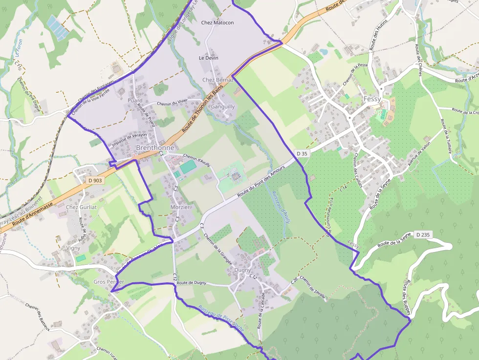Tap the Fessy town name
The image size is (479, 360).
coord(372,99)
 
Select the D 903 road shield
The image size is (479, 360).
coord(95,180)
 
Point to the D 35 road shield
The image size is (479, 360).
coord(302,153)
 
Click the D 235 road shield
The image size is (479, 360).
coord(423,235)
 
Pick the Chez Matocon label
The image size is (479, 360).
coord(218,23)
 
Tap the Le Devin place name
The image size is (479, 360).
coord(208,58)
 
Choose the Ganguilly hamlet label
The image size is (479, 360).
coord(222,106)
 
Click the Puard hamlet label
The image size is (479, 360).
coord(135,101)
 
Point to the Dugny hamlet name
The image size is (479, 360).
coord(242,270)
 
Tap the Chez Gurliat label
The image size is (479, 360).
coord(82,207)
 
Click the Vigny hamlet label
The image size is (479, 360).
coord(73,248)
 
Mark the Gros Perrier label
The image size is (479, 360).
coord(109,282)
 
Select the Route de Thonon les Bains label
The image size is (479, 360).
coord(202,108)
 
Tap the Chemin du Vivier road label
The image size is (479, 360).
coord(173,103)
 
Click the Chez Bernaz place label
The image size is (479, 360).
coord(218,80)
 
